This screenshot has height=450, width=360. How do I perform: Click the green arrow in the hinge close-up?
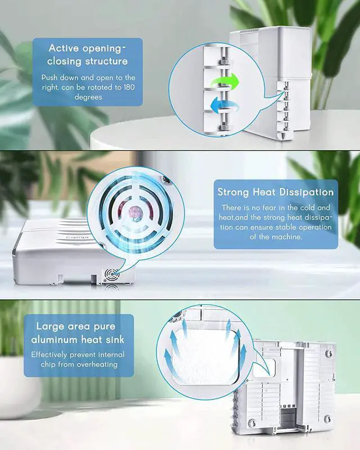225,82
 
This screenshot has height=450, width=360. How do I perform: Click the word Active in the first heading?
67,48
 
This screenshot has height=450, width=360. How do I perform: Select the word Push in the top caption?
52,77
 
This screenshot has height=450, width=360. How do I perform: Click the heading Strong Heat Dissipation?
276,192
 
